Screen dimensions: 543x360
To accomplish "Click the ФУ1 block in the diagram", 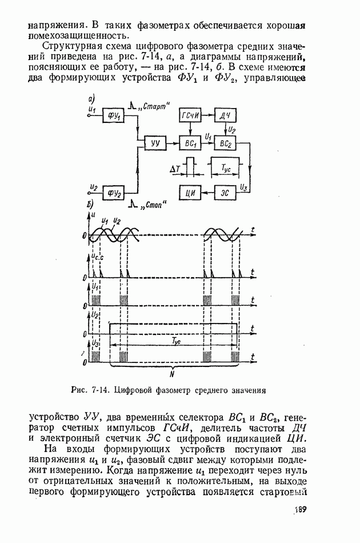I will pos(112,116).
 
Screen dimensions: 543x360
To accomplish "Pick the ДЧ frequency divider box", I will pos(225,116).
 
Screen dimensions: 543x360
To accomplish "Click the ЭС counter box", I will pos(225,193).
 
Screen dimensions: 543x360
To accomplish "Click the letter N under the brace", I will pos(172,375).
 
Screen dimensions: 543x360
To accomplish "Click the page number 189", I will pos(301,510).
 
